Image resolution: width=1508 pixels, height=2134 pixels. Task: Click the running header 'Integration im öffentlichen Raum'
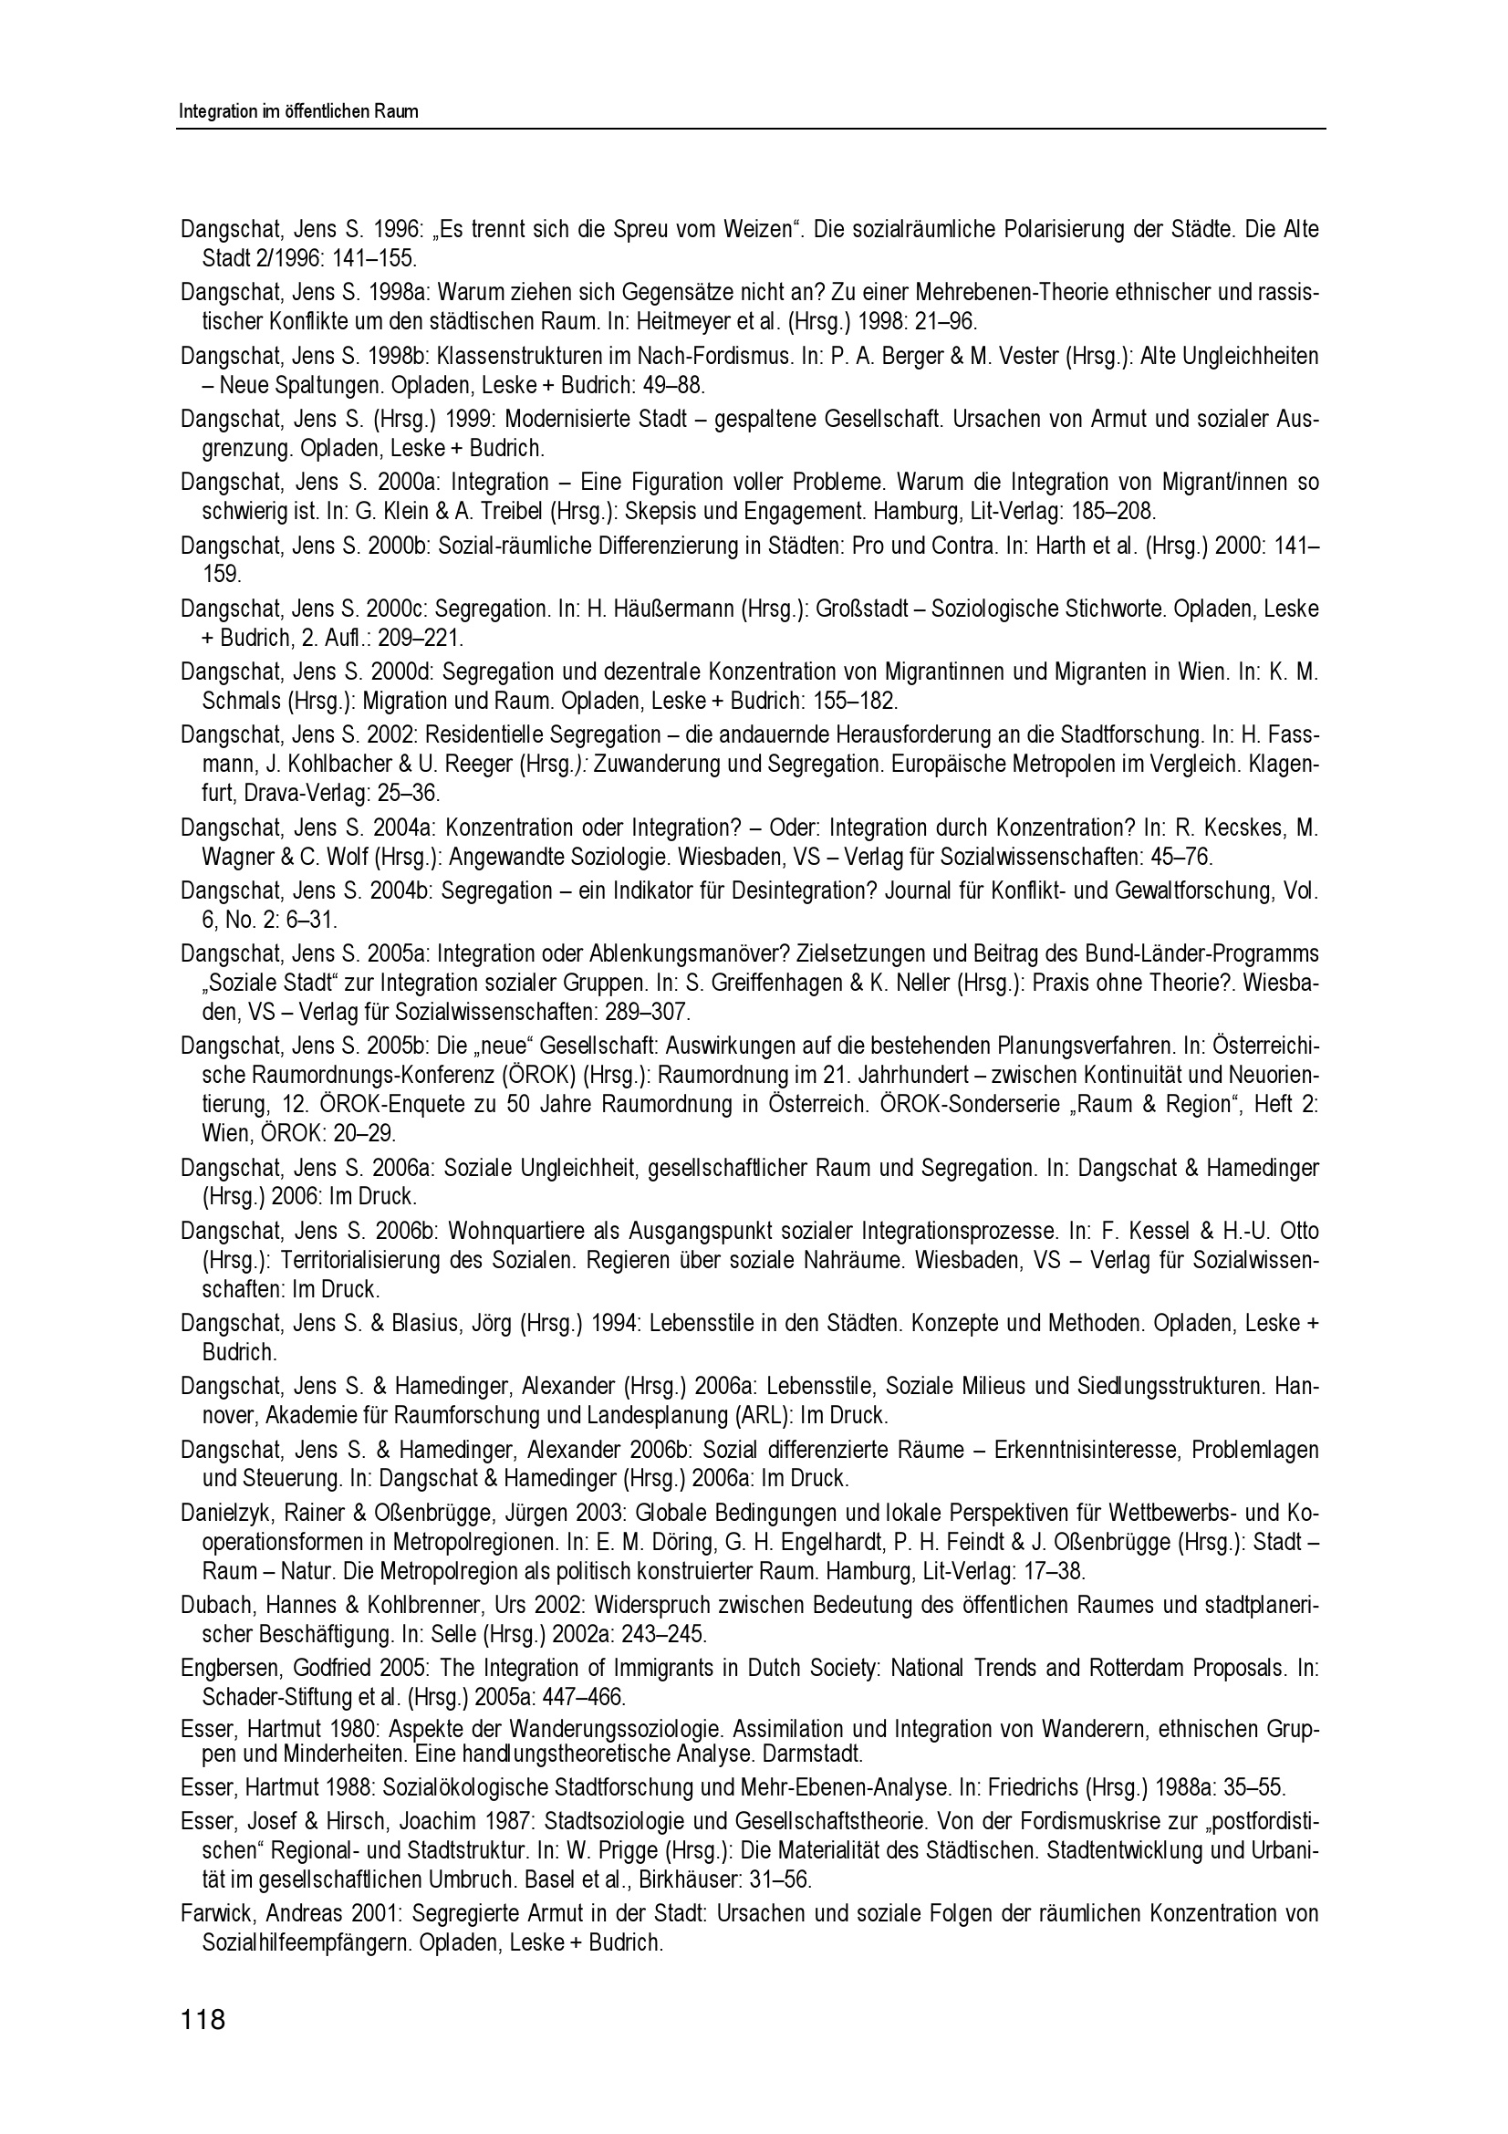point(298,111)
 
